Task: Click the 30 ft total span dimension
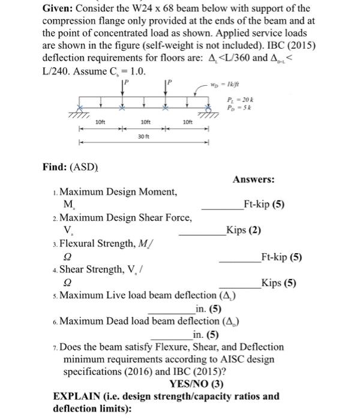(143, 137)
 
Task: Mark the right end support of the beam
(207, 113)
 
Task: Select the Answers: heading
(254, 179)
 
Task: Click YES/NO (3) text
(196, 384)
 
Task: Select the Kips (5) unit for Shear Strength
(280, 283)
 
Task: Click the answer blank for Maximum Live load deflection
(171, 309)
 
